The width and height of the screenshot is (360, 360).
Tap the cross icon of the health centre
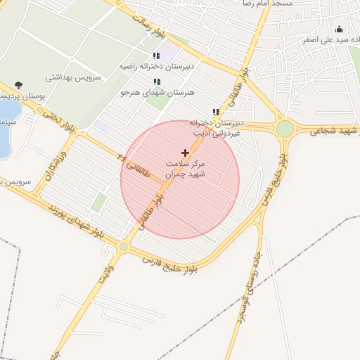coord(185,152)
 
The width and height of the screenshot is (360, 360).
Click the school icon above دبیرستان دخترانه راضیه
coord(155,56)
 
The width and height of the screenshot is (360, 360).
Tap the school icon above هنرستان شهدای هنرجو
coord(156,82)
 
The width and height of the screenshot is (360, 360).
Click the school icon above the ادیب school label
coord(216,112)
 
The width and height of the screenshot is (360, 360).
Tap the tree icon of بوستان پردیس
coord(18,85)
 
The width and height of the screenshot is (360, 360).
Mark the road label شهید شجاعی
coord(328,131)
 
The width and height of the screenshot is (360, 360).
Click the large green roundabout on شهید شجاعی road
coord(285,129)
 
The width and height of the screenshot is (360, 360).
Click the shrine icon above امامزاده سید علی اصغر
coord(339,29)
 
